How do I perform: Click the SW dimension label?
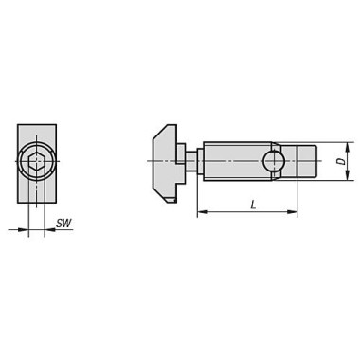pyautogui.click(x=63, y=224)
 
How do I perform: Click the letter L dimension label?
pyautogui.click(x=253, y=206)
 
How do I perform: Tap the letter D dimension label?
pyautogui.click(x=341, y=161)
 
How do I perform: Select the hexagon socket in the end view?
pyautogui.click(x=36, y=162)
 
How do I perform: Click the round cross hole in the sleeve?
pyautogui.click(x=274, y=161)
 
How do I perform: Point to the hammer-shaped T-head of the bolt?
pyautogui.click(x=165, y=164)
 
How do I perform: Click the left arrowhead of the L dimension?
pyautogui.click(x=203, y=212)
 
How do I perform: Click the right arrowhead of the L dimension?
pyautogui.click(x=292, y=212)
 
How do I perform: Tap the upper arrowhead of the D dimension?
pyautogui.click(x=347, y=148)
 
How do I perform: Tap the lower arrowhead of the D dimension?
pyautogui.click(x=347, y=175)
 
